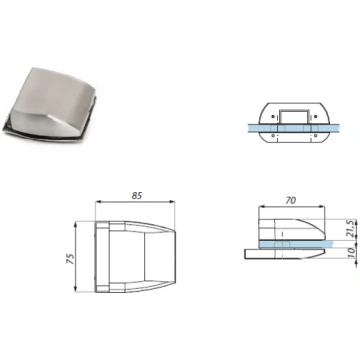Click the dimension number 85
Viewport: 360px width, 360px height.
pyautogui.click(x=136, y=196)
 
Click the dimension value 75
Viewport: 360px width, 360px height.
pyautogui.click(x=71, y=259)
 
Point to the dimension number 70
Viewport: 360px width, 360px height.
pyautogui.click(x=290, y=200)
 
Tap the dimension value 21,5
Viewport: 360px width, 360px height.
pyautogui.click(x=350, y=228)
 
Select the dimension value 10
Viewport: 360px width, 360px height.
pyautogui.click(x=351, y=253)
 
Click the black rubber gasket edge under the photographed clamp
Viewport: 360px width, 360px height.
pyautogui.click(x=50, y=132)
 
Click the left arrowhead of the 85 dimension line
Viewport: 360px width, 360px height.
pyautogui.click(x=98, y=202)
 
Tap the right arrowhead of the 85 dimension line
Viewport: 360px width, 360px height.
pyautogui.click(x=172, y=202)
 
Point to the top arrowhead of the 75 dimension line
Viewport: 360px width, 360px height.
pyautogui.click(x=76, y=224)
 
